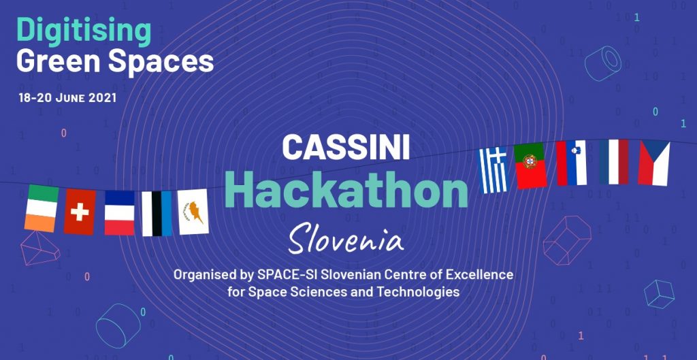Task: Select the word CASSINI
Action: (x=346, y=147)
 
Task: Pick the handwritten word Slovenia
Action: (x=346, y=239)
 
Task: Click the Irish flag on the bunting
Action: (x=42, y=208)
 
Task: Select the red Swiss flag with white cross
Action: (x=80, y=212)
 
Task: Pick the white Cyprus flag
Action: (x=193, y=212)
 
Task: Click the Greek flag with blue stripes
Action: (x=493, y=170)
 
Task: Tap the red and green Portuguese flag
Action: (x=530, y=166)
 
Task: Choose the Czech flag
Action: (x=654, y=163)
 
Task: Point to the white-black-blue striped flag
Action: (x=157, y=214)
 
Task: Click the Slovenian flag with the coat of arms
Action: (x=571, y=163)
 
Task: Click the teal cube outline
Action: (x=659, y=294)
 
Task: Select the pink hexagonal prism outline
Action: (x=567, y=240)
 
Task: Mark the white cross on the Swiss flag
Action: (x=80, y=212)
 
